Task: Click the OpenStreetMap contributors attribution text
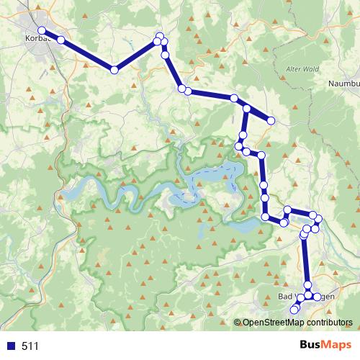point(297,323)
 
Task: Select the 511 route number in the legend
point(30,346)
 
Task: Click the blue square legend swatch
point(11,346)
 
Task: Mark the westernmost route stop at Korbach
point(42,30)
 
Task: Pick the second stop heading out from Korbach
point(61,40)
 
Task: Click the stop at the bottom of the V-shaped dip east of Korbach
point(114,70)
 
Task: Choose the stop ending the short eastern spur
point(271,120)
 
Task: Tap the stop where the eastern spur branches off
point(247,109)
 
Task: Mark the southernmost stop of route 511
point(293,310)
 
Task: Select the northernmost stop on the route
point(159,36)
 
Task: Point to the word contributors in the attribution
point(328,323)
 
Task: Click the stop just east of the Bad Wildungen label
point(317,296)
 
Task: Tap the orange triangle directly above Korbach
point(39,9)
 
